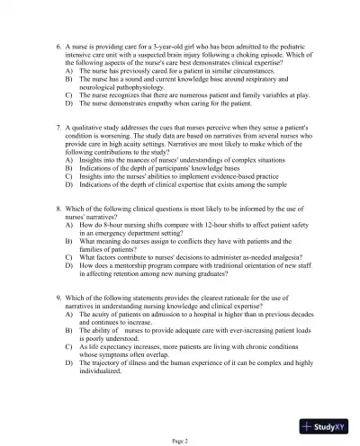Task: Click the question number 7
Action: (x=58, y=129)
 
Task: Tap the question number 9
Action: (x=58, y=295)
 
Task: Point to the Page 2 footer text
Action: (x=179, y=440)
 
